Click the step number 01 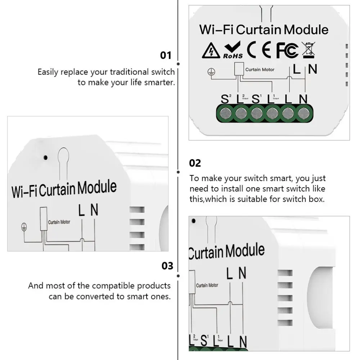pos(166,55)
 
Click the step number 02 pos(195,163)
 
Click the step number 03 pos(167,266)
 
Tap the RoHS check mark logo pos(233,50)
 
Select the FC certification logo pos(287,51)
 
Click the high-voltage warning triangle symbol pos(211,51)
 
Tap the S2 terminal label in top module pos(226,99)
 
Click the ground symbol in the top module pos(210,72)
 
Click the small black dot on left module pos(45,157)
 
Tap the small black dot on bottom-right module pos(194,220)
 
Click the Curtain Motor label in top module pos(260,69)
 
